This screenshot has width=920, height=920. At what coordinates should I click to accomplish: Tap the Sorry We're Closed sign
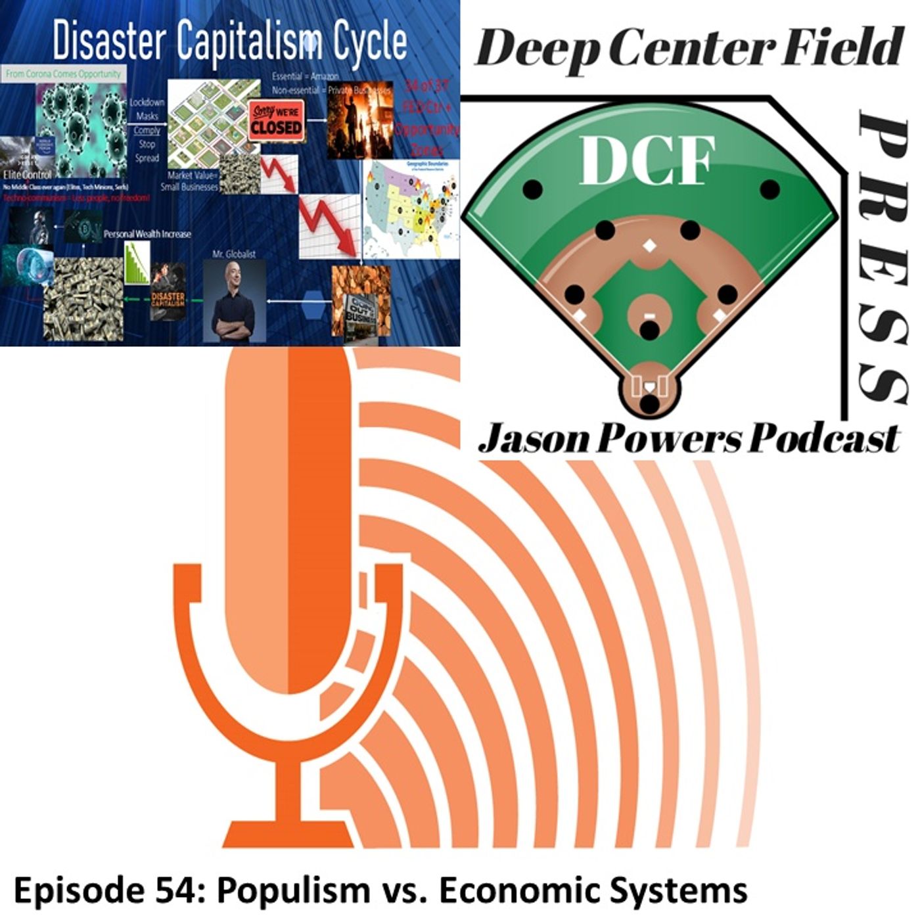click(x=276, y=122)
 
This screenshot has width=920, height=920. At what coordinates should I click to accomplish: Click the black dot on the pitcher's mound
click(x=649, y=330)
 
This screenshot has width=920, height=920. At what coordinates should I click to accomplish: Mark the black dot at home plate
click(x=649, y=403)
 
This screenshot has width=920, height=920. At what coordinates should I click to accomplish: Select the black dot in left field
click(x=532, y=190)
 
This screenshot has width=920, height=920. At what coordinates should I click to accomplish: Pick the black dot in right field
click(x=770, y=190)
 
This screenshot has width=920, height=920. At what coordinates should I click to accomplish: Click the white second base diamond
click(x=649, y=246)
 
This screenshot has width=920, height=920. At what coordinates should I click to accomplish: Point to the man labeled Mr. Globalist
click(x=233, y=302)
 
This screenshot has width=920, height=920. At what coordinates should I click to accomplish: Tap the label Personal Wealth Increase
click(x=147, y=234)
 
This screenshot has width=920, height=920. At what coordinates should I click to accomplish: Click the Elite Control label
click(x=28, y=175)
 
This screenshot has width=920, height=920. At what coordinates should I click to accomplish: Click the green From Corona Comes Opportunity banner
click(x=63, y=74)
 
